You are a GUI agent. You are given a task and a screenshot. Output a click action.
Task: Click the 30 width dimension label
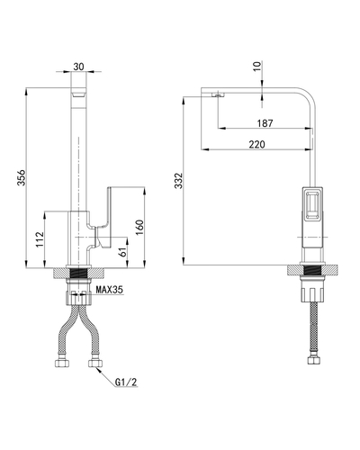pyautogui.click(x=78, y=67)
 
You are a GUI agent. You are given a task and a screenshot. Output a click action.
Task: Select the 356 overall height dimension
pyautogui.click(x=22, y=177)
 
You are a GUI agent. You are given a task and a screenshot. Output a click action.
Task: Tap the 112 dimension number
pyautogui.click(x=40, y=239)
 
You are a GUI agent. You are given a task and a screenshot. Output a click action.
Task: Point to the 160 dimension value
pyautogui.click(x=140, y=228)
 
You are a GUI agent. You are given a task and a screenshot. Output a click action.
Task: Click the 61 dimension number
pyautogui.click(x=122, y=251)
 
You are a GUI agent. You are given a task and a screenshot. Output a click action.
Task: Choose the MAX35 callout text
pyautogui.click(x=109, y=290)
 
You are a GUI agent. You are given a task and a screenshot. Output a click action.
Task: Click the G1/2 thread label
pyautogui.click(x=126, y=382)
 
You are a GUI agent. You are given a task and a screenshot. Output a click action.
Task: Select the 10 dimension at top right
pyautogui.click(x=257, y=66)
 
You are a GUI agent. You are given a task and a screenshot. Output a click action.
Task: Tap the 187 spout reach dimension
pyautogui.click(x=265, y=123)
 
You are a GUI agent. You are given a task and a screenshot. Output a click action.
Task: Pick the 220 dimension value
pyautogui.click(x=257, y=144)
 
